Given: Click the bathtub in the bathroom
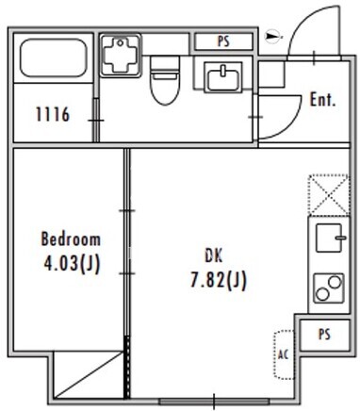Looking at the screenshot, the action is [53, 58].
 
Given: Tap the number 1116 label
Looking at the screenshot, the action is [53, 114].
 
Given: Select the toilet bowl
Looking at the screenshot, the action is [165, 80].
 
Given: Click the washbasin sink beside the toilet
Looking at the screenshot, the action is [223, 76].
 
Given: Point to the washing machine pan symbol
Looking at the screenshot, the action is [121, 56].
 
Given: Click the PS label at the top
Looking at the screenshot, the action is [223, 41].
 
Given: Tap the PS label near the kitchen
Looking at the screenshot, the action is [324, 334].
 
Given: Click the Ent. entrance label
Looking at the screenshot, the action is [323, 100].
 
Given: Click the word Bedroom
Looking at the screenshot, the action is [71, 239].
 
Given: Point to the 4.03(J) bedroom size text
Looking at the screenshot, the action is [72, 263].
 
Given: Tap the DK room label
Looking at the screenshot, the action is [214, 255].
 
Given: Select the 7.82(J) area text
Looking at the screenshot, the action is [219, 280].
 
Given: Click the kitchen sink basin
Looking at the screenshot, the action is [329, 238].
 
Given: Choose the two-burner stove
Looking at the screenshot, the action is [329, 288].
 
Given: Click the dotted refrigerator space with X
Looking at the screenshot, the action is [329, 195].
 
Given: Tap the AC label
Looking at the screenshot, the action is [283, 354].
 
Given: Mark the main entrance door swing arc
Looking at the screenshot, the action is [297, 30].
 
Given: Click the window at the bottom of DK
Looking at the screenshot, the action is [214, 402].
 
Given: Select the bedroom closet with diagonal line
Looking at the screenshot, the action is [88, 375].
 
